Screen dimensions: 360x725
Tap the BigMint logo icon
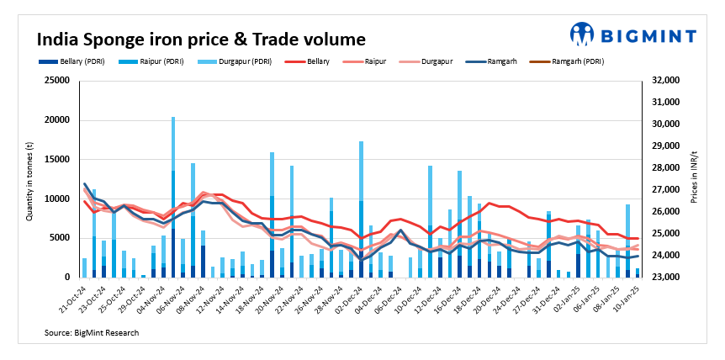click(581, 34)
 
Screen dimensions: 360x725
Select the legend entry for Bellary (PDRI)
click(75, 61)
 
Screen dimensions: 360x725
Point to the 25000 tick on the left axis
click(57, 81)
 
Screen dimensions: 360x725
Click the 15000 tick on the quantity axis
click(57, 160)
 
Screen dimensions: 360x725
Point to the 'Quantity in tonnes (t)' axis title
click(29, 179)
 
